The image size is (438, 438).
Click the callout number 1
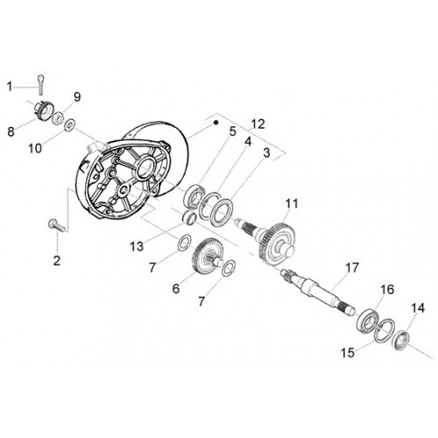10,87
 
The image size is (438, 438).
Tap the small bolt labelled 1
41,84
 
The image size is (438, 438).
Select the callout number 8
11,131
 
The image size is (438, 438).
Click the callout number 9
77,97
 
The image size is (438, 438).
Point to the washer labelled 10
70,124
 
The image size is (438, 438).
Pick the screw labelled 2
57,226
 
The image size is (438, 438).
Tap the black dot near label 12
215,123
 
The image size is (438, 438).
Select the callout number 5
232,131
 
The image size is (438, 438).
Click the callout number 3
267,152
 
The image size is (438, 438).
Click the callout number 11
292,203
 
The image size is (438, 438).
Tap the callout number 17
351,267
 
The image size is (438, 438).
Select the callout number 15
348,352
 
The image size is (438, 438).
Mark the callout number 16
387,290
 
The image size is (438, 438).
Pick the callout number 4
248,142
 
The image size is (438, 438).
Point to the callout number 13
137,247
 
